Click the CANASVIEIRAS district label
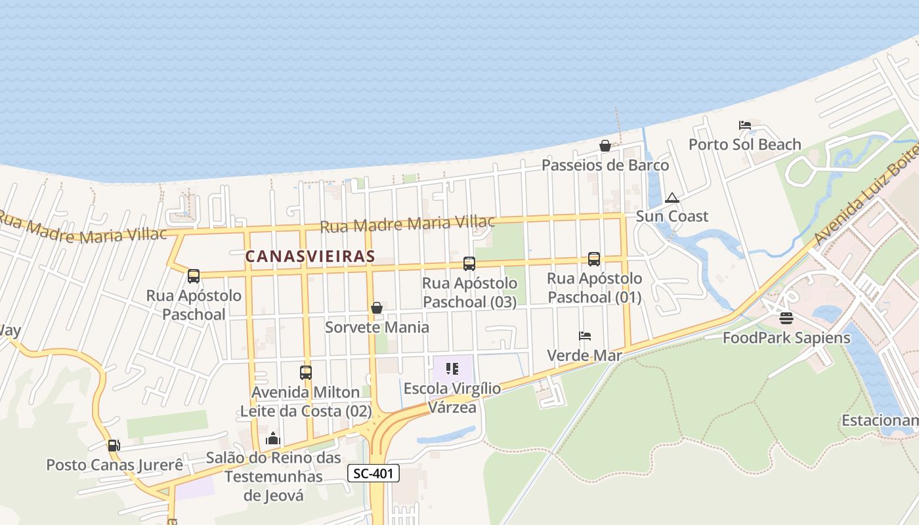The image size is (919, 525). [310, 257]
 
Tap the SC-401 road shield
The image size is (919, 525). [373, 473]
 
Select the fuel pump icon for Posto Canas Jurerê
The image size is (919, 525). [114, 446]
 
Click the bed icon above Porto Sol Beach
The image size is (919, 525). [744, 125]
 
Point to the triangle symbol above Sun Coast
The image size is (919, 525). [672, 198]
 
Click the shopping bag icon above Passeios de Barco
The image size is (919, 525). [605, 146]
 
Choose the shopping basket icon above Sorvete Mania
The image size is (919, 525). [377, 308]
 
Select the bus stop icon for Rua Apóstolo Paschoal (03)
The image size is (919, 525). [469, 264]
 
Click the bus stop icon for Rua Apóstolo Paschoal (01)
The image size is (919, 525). [594, 259]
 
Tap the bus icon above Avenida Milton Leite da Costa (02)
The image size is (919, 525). [306, 373]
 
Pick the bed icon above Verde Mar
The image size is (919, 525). [585, 336]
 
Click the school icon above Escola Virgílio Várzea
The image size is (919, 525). [452, 369]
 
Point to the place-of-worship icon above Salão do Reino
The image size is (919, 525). [273, 438]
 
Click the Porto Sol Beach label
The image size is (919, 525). [744, 144]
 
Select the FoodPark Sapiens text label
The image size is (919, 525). [786, 338]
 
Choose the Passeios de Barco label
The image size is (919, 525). [605, 165]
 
